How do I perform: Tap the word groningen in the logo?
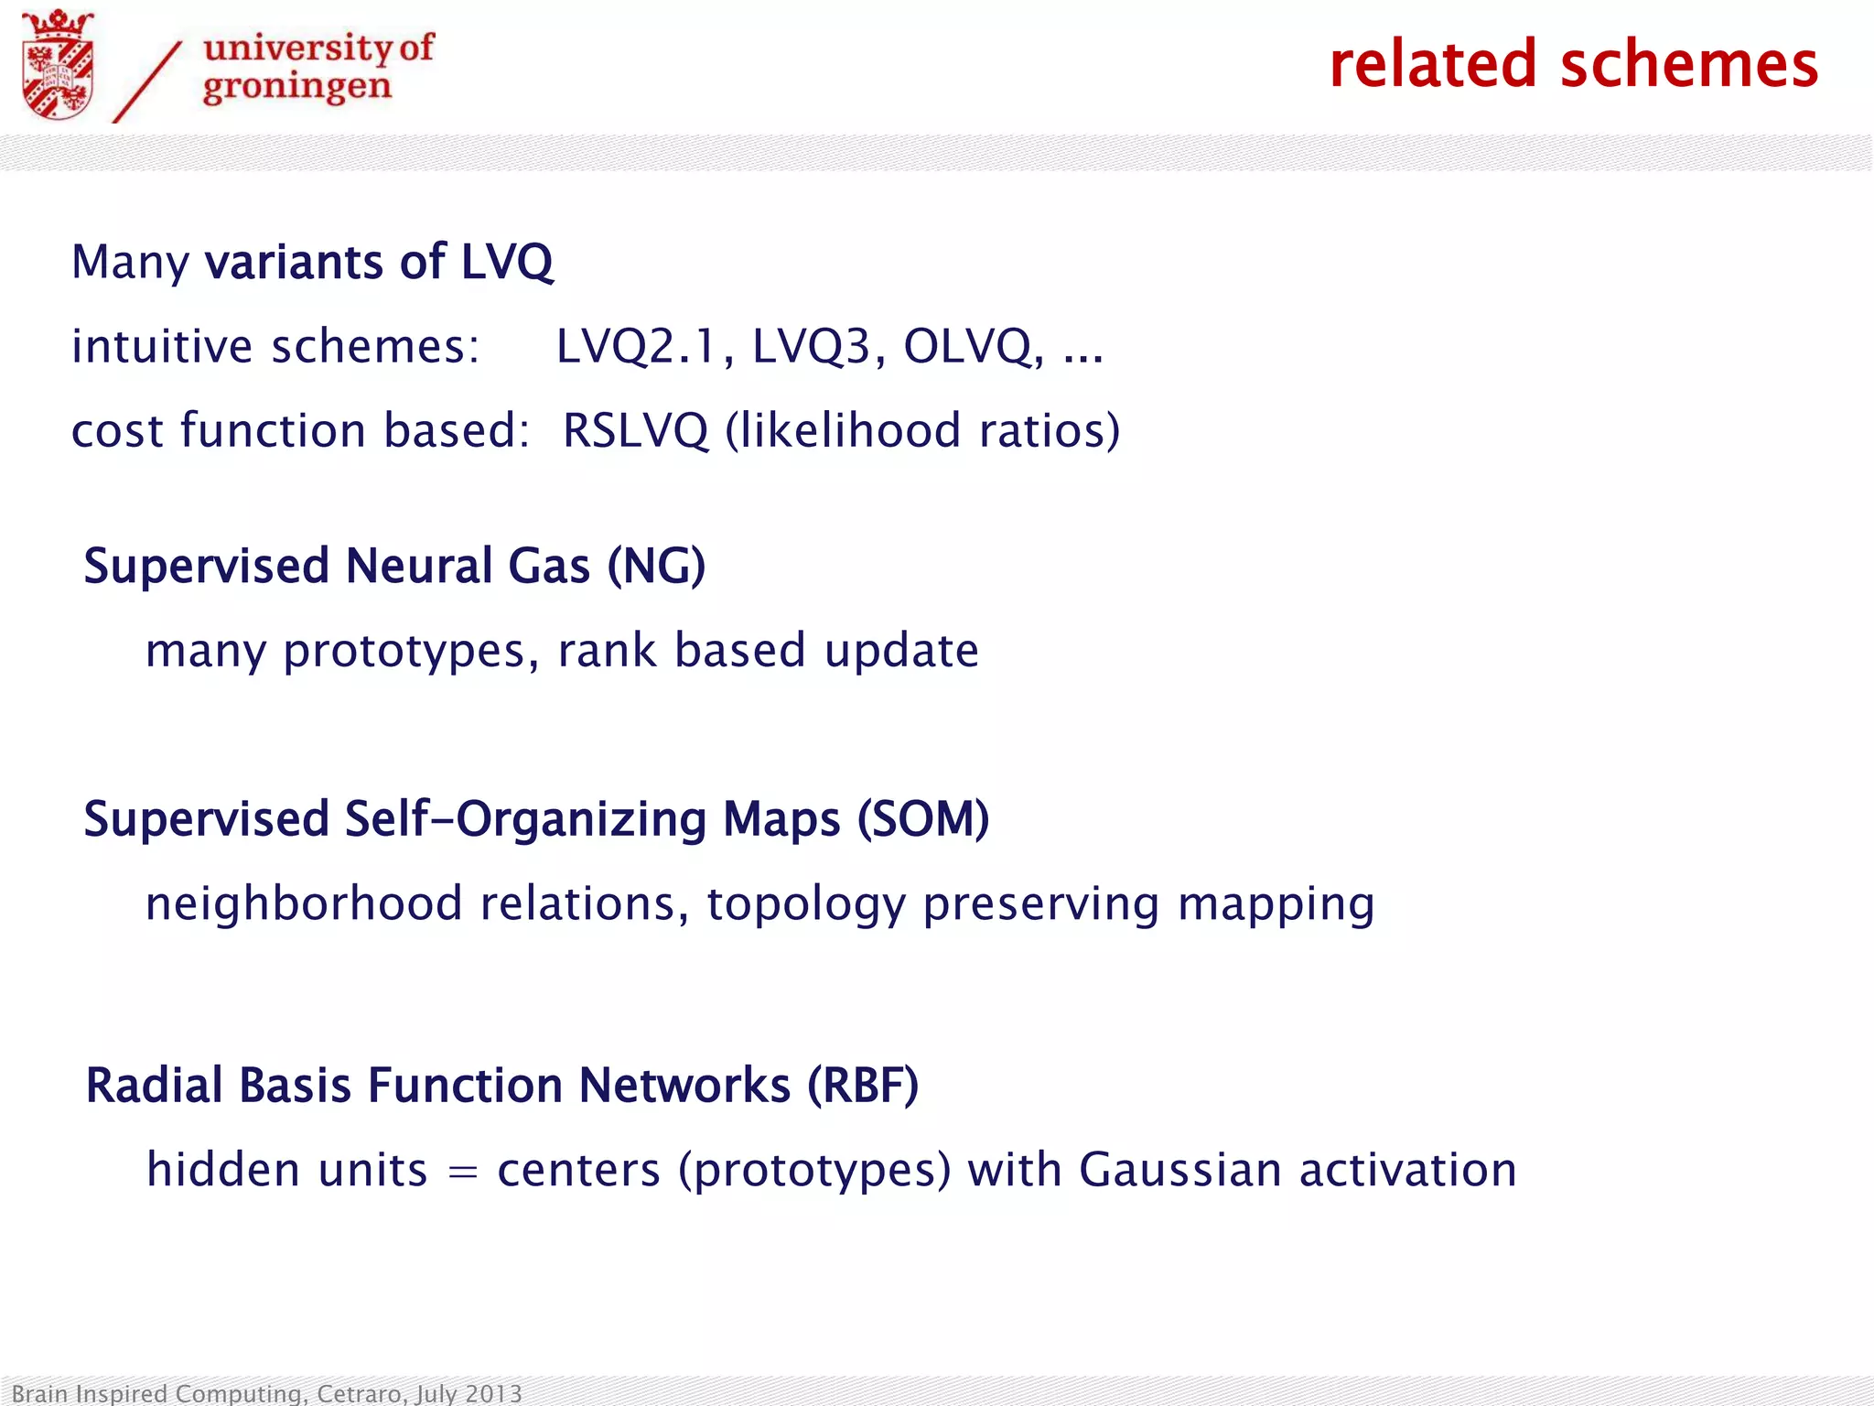296,88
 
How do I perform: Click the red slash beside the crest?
146,82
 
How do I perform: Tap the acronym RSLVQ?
635,430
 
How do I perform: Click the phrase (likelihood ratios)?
922,430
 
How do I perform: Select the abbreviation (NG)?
656,566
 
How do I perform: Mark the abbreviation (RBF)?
862,1086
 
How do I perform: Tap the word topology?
805,904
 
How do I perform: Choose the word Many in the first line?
130,262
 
